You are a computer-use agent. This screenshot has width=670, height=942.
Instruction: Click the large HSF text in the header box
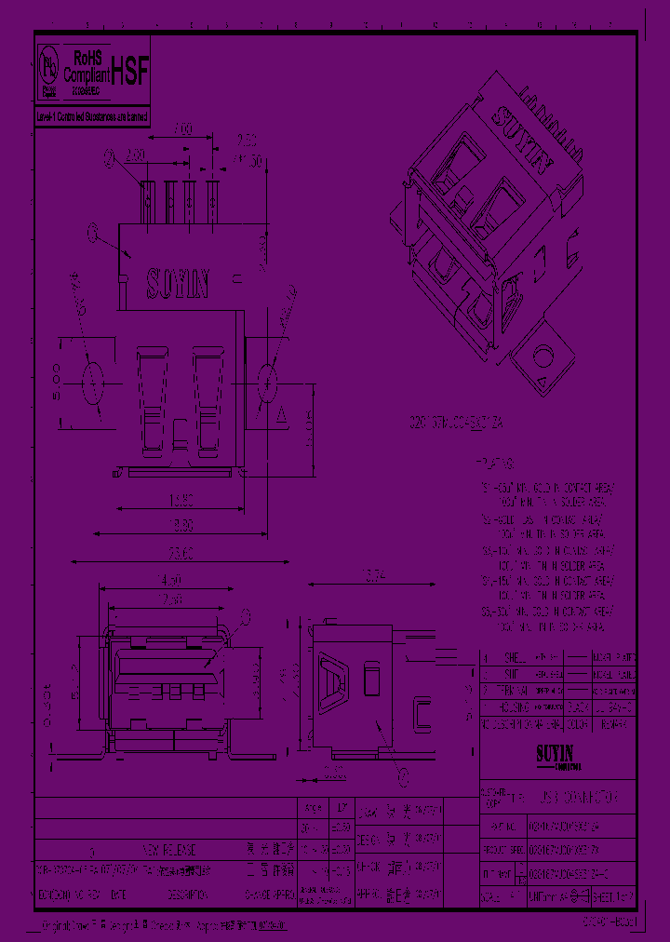pos(129,74)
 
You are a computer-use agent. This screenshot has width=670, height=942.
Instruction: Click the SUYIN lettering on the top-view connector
pos(180,283)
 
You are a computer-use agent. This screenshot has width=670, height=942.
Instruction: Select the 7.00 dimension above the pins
pos(182,128)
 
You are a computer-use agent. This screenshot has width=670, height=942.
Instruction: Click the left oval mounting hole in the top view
pos(95,382)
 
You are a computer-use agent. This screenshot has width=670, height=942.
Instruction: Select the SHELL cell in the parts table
pos(515,656)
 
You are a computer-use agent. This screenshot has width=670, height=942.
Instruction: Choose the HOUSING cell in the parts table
pos(515,706)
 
